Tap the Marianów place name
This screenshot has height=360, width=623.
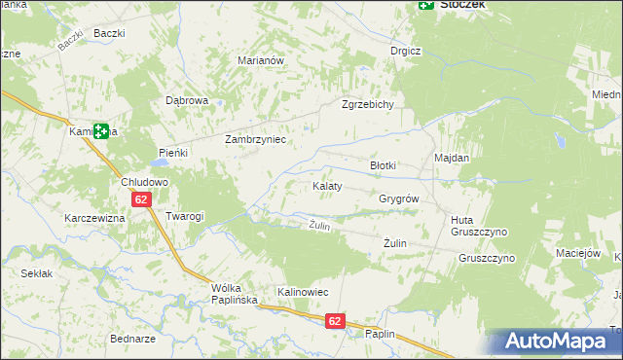click(x=260, y=59)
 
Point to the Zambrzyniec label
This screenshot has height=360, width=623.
click(x=254, y=139)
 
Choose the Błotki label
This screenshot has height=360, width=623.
click(x=383, y=165)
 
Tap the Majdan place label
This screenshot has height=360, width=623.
click(x=452, y=158)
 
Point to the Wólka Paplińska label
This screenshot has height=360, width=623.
click(x=234, y=294)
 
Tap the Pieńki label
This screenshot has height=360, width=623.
click(x=172, y=153)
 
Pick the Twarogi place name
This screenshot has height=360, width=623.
click(x=184, y=216)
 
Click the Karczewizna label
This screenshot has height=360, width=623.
click(x=94, y=218)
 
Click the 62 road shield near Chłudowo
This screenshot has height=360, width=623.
click(x=142, y=199)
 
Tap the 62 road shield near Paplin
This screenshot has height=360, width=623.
click(x=334, y=320)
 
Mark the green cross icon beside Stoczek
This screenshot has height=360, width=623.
click(x=425, y=5)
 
